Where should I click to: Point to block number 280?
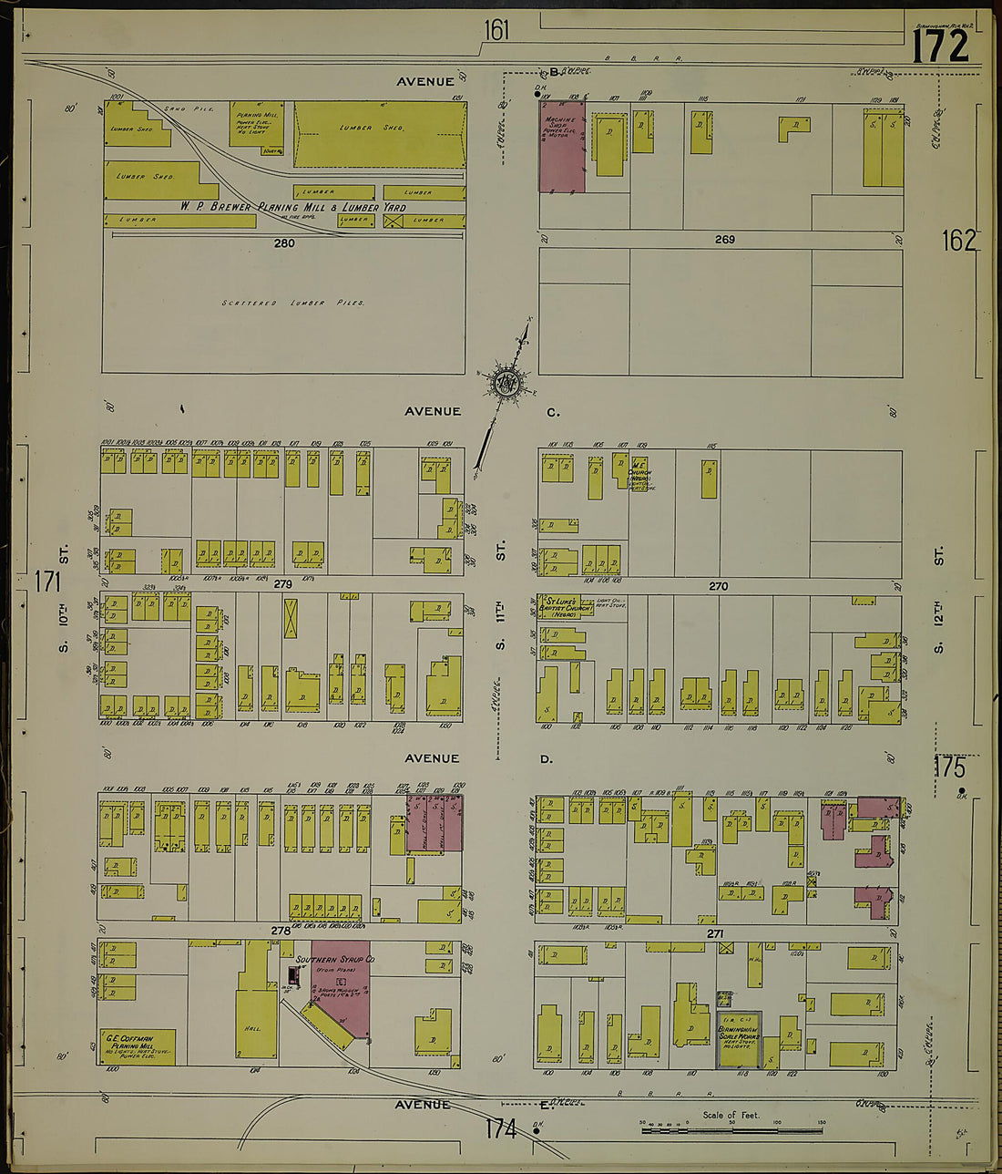(284, 243)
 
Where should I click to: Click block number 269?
(724, 240)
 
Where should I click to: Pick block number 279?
(282, 583)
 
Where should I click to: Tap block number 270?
(718, 586)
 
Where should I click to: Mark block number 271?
(714, 934)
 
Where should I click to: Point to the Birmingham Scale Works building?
(738, 1038)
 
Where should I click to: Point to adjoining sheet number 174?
(500, 1128)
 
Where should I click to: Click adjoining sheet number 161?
(496, 31)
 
